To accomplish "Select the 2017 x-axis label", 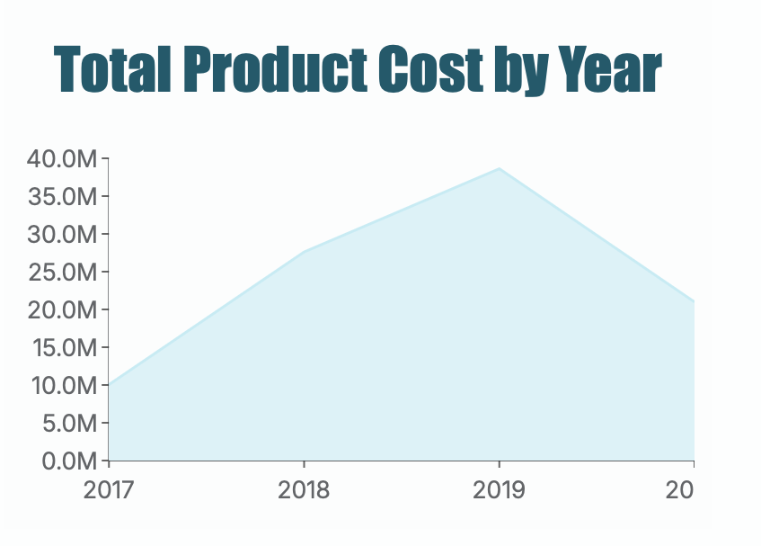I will pyautogui.click(x=109, y=490).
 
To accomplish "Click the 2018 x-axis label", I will pyautogui.click(x=304, y=490).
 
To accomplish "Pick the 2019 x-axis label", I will pyautogui.click(x=499, y=490).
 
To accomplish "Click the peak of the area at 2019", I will pyautogui.click(x=499, y=169).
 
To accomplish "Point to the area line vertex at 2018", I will pyautogui.click(x=304, y=252).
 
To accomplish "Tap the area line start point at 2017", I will pyautogui.click(x=110, y=385).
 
